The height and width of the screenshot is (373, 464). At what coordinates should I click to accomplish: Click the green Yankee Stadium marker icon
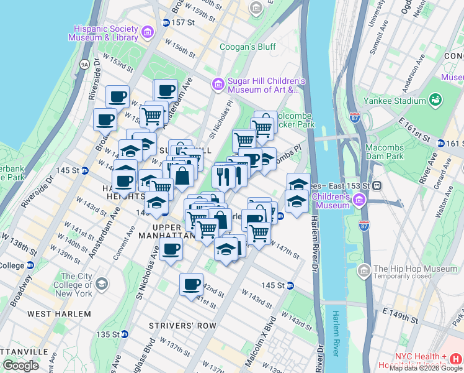pos(435,100)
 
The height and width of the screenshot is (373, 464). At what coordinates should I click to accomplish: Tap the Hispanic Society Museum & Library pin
pos(147,32)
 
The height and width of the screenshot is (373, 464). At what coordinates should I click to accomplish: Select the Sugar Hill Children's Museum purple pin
pos(218,84)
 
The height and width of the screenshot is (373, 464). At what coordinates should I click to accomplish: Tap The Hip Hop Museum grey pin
pos(364,270)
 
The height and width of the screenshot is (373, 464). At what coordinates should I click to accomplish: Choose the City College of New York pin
pos(102,285)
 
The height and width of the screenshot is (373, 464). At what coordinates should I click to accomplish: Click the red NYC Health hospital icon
pos(456,359)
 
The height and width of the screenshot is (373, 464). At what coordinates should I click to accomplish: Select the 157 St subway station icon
pos(166,22)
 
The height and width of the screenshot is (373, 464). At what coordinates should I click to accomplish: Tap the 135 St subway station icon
pos(124,334)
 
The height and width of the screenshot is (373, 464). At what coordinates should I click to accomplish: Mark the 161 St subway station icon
pos(441,143)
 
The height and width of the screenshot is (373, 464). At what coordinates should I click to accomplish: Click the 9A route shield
pos(85,63)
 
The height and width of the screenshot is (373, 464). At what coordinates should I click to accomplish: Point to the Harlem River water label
pos(336,333)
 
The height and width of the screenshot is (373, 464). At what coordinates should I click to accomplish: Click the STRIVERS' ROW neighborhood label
pos(183,326)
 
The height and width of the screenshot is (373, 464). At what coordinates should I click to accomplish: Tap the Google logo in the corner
pos(20,366)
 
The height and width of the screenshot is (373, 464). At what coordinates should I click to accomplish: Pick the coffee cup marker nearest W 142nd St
pos(192,284)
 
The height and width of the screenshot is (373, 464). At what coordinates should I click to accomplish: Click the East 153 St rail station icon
pos(376,186)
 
